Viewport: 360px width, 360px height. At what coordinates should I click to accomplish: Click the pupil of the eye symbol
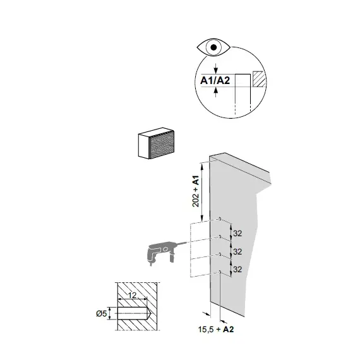pyautogui.click(x=213, y=47)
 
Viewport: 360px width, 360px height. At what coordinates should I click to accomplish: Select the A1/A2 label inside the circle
pyautogui.click(x=215, y=81)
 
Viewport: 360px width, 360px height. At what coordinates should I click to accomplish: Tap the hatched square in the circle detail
pyautogui.click(x=259, y=79)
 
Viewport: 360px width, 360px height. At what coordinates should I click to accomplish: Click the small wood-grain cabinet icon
pyautogui.click(x=156, y=143)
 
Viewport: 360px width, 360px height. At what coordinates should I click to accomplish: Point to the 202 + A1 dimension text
pyautogui.click(x=196, y=191)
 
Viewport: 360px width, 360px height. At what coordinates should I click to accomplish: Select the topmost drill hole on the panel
pyautogui.click(x=220, y=219)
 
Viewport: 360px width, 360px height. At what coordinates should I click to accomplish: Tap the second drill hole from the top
pyautogui.click(x=220, y=236)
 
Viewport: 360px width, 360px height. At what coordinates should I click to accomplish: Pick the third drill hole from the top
pyautogui.click(x=220, y=254)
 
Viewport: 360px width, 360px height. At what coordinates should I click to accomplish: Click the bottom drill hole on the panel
pyautogui.click(x=220, y=272)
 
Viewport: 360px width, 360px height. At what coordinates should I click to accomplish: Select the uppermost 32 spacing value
pyautogui.click(x=237, y=234)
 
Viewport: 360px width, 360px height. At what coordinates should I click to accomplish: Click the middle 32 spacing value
pyautogui.click(x=237, y=251)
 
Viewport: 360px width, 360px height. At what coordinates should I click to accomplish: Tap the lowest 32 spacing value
pyautogui.click(x=237, y=269)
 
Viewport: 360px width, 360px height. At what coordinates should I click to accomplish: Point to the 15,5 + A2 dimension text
pyautogui.click(x=216, y=330)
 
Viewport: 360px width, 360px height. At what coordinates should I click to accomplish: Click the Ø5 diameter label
pyautogui.click(x=102, y=313)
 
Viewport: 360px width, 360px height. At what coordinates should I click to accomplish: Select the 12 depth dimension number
pyautogui.click(x=132, y=295)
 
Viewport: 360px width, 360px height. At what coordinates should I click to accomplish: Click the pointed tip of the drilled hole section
pyautogui.click(x=150, y=313)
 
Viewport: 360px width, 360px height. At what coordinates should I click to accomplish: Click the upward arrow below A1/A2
pyautogui.click(x=215, y=92)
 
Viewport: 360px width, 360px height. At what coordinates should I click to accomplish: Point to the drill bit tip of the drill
pyautogui.click(x=187, y=242)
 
